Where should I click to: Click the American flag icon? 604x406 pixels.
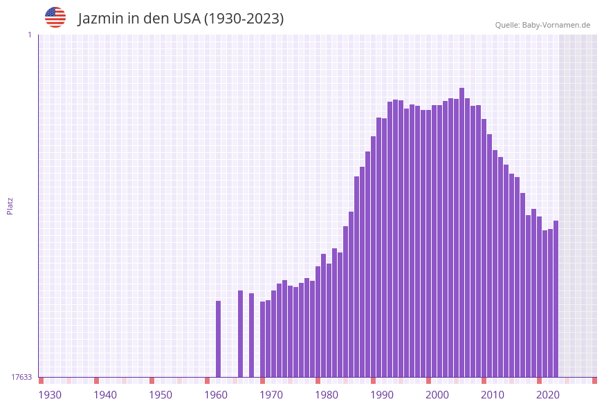(x=55, y=17)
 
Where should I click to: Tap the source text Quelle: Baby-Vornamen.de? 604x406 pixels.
(x=542, y=25)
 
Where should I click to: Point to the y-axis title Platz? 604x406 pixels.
(x=10, y=206)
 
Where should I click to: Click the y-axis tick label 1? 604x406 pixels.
(x=29, y=35)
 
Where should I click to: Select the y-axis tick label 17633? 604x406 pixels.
(x=21, y=377)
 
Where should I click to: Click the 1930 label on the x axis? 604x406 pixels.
(x=50, y=395)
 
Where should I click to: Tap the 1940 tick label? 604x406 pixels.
(x=105, y=395)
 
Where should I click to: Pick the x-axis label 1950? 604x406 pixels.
(x=161, y=395)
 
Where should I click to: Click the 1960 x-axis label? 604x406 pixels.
(x=216, y=395)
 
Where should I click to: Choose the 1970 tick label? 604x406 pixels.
(x=271, y=395)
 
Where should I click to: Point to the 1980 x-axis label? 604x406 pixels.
(x=327, y=395)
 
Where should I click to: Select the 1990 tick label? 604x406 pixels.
(x=382, y=395)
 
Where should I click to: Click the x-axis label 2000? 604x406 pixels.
(x=437, y=395)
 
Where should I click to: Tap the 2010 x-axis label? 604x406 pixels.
(x=493, y=395)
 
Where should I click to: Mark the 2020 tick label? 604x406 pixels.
(x=548, y=395)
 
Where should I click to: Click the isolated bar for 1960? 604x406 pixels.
(x=219, y=339)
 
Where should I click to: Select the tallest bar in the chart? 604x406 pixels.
(x=462, y=232)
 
